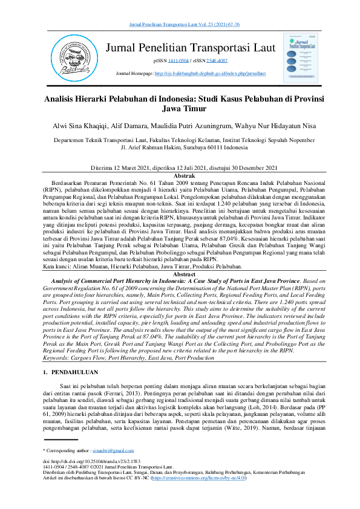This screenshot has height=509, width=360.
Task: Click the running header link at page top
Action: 180,24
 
